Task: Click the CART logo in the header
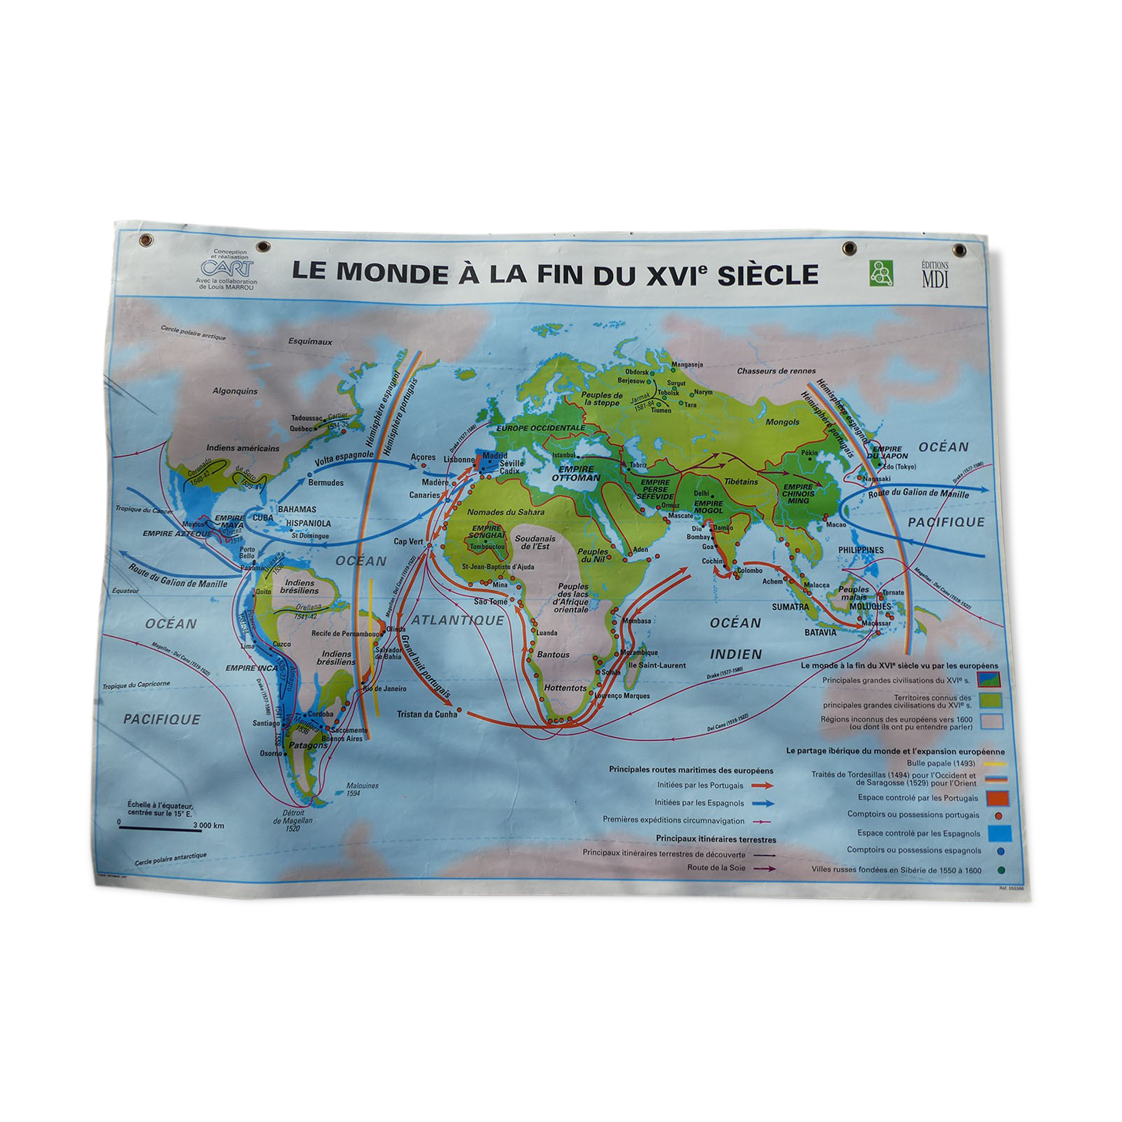[x=226, y=267]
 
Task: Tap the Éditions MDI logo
[x=935, y=274]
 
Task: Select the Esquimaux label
[x=310, y=341]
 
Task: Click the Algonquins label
[x=235, y=391]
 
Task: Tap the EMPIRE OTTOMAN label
[x=576, y=474]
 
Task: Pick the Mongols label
[x=782, y=422]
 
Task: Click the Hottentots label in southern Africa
[x=565, y=688]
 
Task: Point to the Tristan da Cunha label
[x=427, y=714]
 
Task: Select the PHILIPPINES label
[x=861, y=550]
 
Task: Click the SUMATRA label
[x=790, y=607]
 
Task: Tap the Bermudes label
[x=326, y=483]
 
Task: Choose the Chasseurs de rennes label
[x=776, y=371]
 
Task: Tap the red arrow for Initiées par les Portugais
[x=762, y=785]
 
